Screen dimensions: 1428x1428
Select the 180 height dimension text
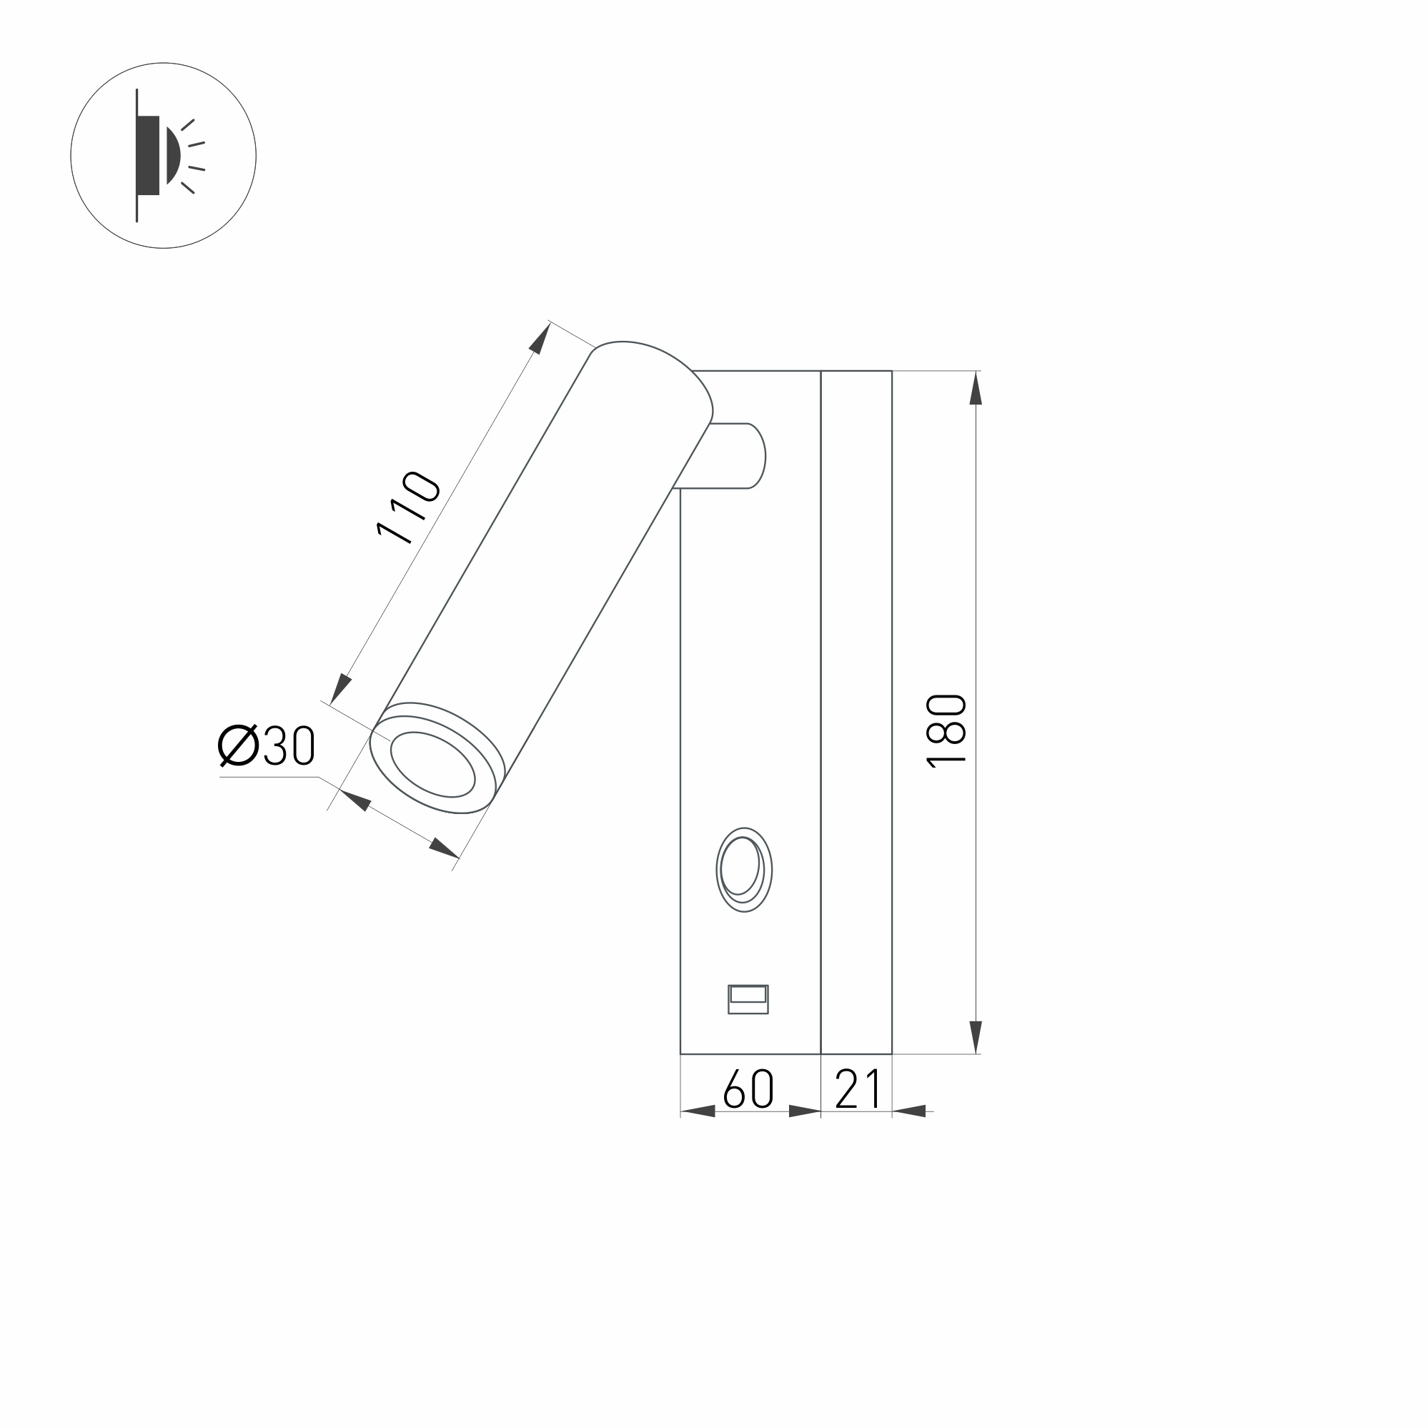pos(947,731)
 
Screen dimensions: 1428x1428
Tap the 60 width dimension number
pos(748,1089)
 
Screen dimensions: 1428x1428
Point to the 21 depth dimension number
pos(858,1089)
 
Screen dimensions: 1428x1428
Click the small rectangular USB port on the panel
pos(748,999)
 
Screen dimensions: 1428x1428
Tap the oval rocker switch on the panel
pos(743,870)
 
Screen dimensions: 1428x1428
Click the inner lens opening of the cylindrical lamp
pos(432,764)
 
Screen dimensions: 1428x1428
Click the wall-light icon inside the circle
pos(163,155)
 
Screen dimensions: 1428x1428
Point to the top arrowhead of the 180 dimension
pos(976,388)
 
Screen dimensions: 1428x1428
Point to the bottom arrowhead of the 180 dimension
pos(976,1036)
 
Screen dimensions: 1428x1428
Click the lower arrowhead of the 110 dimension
pos(340,689)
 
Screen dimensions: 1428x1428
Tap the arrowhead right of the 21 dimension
pos(909,1111)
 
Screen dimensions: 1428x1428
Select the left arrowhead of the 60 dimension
pos(698,1111)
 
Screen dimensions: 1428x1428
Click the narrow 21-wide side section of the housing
pos(856,710)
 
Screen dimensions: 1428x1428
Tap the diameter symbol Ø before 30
pos(238,745)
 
